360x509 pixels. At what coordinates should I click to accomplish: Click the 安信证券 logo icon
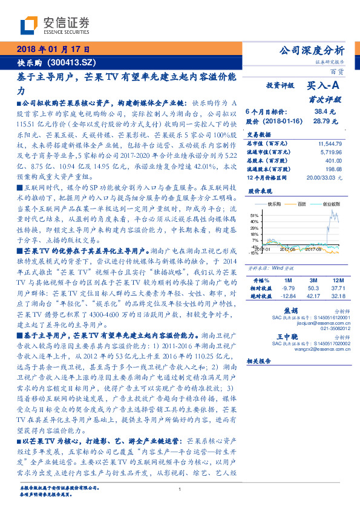pos(30,25)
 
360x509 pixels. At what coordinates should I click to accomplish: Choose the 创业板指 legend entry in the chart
pos(330,204)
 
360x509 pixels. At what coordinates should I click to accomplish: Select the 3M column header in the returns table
pos(313,281)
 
